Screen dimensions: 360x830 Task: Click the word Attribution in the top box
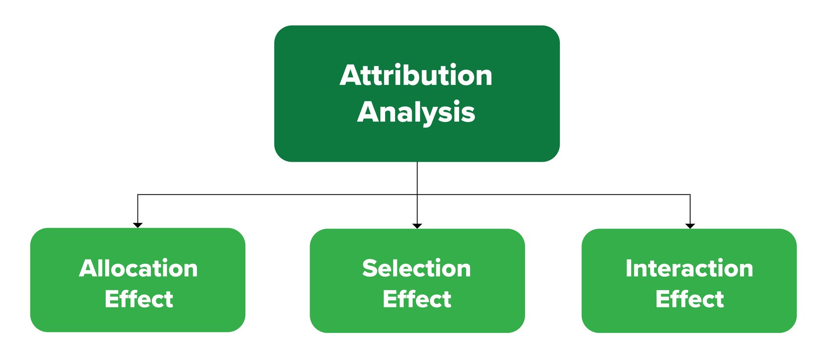pos(416,76)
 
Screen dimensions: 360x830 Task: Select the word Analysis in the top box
pos(416,112)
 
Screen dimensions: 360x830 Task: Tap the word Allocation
pos(138,268)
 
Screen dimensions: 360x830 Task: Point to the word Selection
pos(416,268)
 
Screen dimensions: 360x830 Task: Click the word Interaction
pos(689,268)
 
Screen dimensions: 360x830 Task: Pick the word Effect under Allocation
pos(138,299)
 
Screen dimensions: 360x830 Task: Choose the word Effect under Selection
pos(416,299)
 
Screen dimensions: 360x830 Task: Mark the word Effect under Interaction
pos(690,299)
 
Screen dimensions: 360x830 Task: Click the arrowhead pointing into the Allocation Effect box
pos(138,225)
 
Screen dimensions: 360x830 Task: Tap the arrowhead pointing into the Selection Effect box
pos(417,225)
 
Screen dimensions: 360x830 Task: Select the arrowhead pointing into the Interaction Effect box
pos(690,225)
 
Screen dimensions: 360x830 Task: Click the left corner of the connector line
pos(138,194)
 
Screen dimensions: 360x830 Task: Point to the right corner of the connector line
pos(690,194)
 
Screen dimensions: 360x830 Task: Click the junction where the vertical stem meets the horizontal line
pos(417,194)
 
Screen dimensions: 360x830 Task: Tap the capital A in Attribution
pos(351,76)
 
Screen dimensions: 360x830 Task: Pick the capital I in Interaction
pos(629,268)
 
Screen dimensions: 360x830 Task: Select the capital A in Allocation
pos(89,268)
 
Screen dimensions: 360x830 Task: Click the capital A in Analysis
pos(369,112)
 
